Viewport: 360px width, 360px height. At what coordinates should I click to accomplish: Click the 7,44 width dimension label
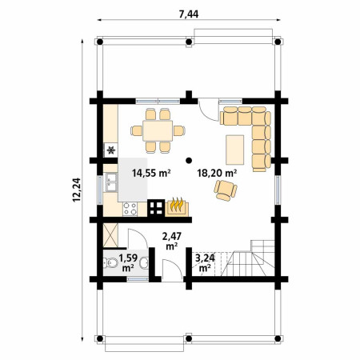189,14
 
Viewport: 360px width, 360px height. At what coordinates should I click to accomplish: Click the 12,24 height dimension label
77,190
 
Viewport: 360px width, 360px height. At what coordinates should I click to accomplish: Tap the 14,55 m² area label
151,174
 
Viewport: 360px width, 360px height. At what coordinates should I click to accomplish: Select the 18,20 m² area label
217,174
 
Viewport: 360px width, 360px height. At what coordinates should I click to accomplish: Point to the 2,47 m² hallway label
172,241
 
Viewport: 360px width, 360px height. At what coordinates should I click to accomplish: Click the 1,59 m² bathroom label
128,263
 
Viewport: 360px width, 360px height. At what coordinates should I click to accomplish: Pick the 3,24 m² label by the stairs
205,262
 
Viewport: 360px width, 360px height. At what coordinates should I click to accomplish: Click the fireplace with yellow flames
177,208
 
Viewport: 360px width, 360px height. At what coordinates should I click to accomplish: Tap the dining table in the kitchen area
158,130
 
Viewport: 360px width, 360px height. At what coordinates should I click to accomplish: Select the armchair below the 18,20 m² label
226,190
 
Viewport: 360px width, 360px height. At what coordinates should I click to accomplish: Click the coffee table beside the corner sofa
234,150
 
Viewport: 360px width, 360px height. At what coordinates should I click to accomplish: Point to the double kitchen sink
111,182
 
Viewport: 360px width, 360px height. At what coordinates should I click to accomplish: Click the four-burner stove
130,209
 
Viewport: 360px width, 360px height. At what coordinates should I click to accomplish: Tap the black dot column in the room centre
189,160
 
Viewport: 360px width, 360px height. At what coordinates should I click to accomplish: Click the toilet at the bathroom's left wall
110,263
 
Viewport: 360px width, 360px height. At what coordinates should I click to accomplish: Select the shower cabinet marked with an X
110,235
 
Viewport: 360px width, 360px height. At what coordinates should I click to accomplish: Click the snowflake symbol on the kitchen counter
111,150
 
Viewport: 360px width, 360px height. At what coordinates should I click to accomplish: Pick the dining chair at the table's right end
179,130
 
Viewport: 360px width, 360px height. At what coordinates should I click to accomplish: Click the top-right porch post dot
278,42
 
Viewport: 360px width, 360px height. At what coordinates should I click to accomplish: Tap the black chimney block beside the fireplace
156,208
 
